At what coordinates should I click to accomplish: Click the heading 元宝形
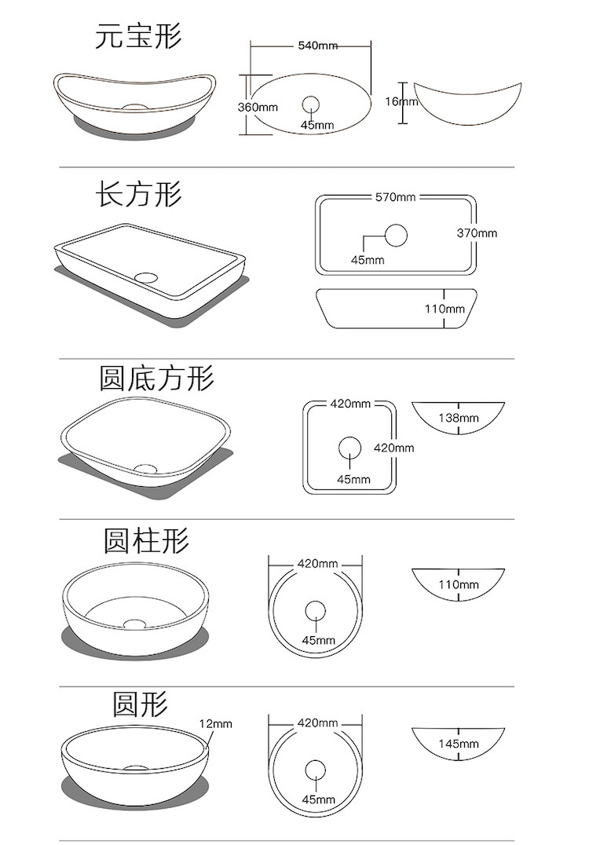(138, 35)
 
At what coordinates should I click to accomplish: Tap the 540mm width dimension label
(317, 46)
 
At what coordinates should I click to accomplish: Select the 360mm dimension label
(258, 107)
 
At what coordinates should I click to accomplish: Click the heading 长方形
(139, 193)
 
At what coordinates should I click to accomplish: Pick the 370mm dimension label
(477, 232)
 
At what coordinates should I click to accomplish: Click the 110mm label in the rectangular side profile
(445, 309)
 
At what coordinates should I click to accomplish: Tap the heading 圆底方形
(156, 378)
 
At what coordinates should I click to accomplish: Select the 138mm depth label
(459, 418)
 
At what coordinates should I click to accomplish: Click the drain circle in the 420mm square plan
(349, 448)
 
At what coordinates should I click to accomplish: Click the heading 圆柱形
(146, 540)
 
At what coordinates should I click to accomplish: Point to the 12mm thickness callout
(215, 723)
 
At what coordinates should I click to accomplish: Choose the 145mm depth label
(459, 743)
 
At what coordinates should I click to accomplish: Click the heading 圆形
(140, 704)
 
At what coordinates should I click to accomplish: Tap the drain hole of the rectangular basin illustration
(146, 276)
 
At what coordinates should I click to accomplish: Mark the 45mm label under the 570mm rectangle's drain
(368, 260)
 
